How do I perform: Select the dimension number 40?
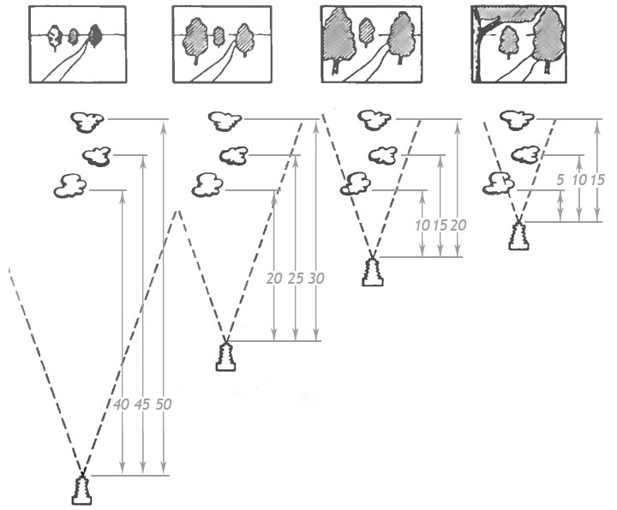coord(123,405)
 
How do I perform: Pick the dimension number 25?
coord(297,279)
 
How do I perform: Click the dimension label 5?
coord(559,182)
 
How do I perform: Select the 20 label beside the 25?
coord(275,279)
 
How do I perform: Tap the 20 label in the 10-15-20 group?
coord(458,225)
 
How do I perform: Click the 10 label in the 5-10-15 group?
coord(580,182)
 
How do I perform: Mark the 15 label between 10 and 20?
coord(440,225)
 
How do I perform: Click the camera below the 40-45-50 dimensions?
coord(81,491)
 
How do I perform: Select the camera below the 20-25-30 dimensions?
coord(225,357)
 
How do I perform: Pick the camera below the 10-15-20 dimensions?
coord(371,273)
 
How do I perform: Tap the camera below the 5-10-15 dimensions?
coord(518,235)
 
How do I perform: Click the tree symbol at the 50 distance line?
coord(87,122)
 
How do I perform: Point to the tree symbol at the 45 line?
coord(97,155)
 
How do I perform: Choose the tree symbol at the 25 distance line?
coord(233,155)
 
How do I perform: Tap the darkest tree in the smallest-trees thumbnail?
coord(96,35)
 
